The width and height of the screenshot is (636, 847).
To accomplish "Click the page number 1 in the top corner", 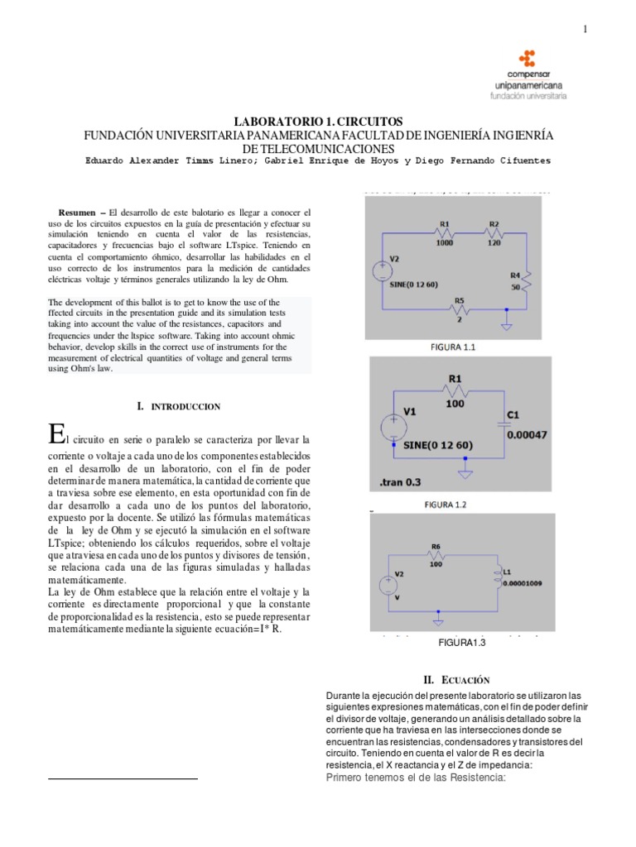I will coord(585,30).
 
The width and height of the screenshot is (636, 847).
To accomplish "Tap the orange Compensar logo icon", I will coord(527,59).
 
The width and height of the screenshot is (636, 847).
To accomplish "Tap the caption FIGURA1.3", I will coord(458,643).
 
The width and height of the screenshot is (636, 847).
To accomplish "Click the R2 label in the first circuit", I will coord(494,224).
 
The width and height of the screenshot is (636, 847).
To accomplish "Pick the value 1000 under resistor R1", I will coord(445,243).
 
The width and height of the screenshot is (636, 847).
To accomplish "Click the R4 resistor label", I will coord(515,275).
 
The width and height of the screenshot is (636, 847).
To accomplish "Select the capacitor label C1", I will coord(514,415).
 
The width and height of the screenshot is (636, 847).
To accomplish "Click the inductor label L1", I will coord(508,548).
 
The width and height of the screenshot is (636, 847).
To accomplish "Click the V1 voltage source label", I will coord(413,410).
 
